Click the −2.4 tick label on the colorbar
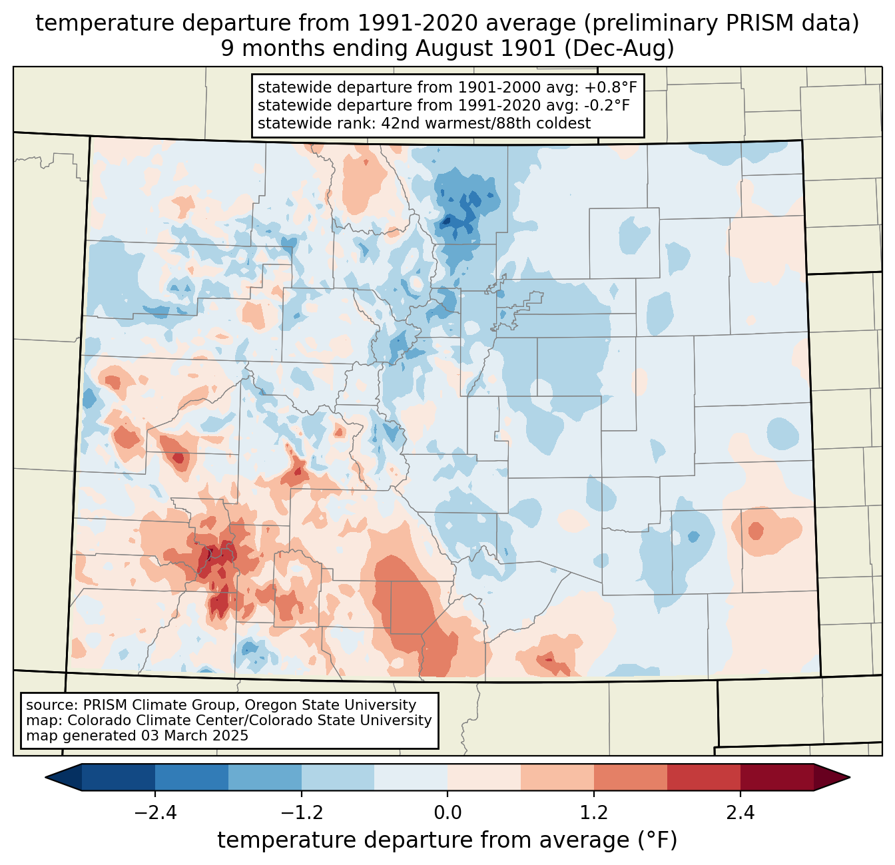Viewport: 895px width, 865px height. coord(155,813)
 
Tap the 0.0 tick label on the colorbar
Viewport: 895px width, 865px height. coord(447,813)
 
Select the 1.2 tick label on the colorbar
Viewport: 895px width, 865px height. coord(594,813)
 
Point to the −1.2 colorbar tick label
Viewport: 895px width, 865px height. coord(302,813)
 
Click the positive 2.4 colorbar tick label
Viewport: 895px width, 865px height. coord(740,813)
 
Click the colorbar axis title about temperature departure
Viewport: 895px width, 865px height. coord(447,840)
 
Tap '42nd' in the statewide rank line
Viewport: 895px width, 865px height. coord(398,123)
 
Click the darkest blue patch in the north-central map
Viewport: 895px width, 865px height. coord(455,220)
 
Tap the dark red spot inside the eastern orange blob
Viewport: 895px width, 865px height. coord(755,531)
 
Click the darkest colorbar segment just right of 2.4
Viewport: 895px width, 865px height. coord(776,777)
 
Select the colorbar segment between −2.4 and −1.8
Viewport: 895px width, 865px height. coord(192,777)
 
